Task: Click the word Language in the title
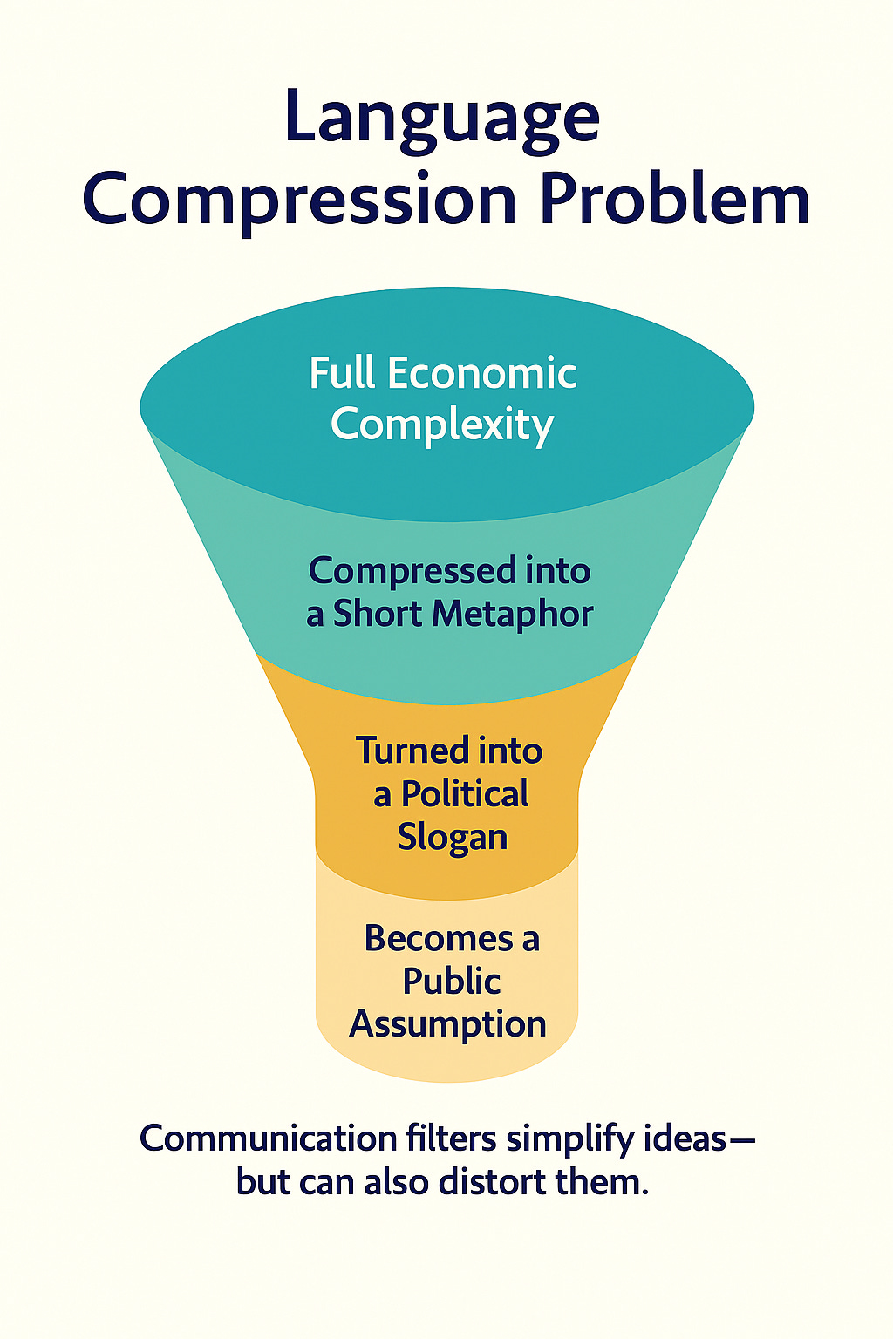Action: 442,119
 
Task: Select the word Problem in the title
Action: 674,198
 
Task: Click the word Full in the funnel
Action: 343,373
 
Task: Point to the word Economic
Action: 482,373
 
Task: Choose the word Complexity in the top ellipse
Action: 442,425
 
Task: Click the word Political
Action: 465,794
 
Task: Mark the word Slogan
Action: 453,837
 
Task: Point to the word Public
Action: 452,982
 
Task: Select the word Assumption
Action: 448,1024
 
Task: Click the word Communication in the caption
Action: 269,1138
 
